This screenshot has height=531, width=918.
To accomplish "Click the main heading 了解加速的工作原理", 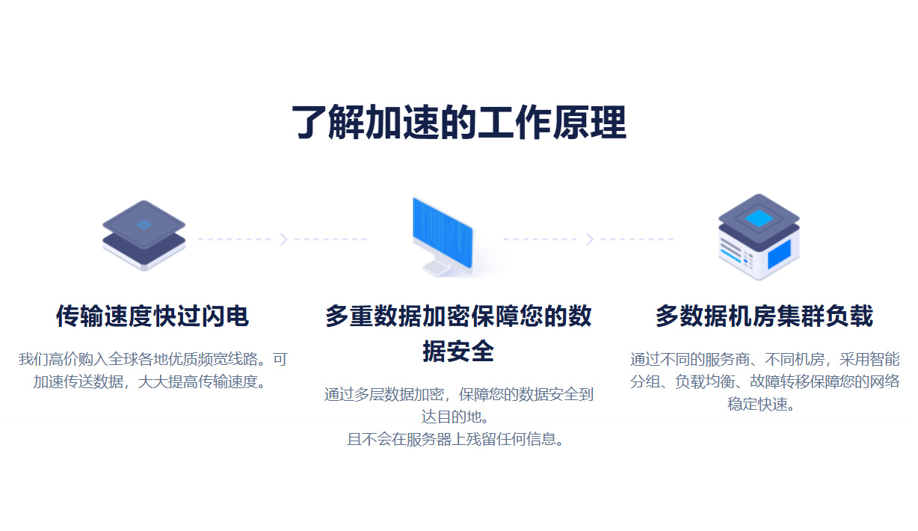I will point(458,123).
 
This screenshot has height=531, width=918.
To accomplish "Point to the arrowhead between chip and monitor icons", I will point(283,239).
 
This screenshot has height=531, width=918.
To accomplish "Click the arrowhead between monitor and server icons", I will point(589,239).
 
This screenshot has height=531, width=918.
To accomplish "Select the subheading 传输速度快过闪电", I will point(152,316).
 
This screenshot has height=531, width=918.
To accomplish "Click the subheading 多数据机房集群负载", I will point(764,316).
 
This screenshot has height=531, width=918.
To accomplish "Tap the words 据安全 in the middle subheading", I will point(458,351).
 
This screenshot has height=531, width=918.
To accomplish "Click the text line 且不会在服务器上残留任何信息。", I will point(458,439).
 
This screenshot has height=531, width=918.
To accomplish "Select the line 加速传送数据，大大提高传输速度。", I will point(152,381).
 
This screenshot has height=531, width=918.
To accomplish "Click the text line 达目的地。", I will point(458,417).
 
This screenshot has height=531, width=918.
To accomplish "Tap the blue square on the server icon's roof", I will point(759,218).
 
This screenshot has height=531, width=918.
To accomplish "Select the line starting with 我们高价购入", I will point(152,359).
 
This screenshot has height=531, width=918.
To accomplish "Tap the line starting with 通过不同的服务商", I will point(764,359).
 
